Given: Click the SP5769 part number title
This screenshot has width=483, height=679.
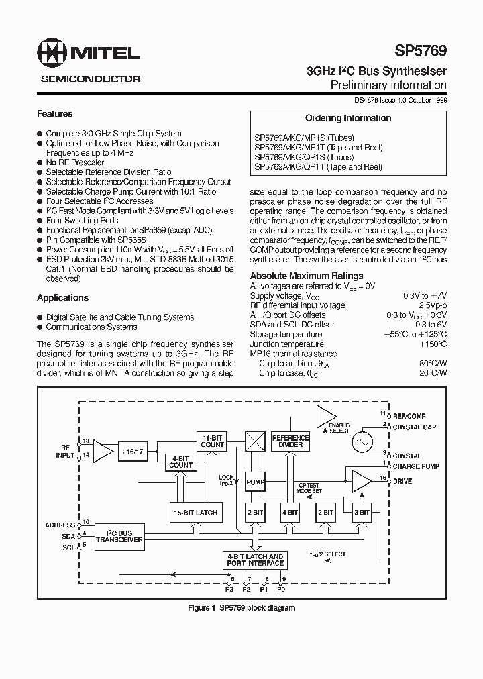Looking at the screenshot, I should [421, 50].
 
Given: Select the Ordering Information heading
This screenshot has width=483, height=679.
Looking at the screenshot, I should [348, 118].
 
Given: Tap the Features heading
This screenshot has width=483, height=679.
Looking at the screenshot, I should [54, 114].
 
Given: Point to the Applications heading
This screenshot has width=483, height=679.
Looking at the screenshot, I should [62, 298].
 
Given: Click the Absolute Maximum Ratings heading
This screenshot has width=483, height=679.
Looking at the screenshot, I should [307, 276].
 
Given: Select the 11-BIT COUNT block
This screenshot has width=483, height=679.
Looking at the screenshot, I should [213, 441].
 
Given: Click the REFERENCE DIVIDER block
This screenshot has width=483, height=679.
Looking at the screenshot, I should [290, 441].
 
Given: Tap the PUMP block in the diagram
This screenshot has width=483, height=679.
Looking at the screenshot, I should [256, 482].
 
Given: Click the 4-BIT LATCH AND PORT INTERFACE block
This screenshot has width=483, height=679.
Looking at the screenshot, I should [256, 560].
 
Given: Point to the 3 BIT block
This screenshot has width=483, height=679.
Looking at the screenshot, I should [361, 512].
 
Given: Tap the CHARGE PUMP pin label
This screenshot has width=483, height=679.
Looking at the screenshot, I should [416, 466].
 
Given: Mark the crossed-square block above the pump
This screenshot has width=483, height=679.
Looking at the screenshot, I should [256, 441].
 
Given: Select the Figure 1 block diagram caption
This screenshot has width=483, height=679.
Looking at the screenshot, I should [241, 608].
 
